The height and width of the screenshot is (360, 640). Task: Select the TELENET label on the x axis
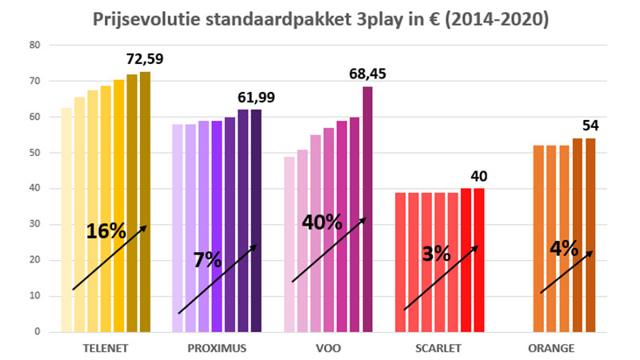(x=106, y=349)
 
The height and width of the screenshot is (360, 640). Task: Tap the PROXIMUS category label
(x=218, y=349)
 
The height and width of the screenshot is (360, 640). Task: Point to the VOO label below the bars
(x=328, y=349)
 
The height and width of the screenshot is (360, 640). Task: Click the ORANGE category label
(x=550, y=349)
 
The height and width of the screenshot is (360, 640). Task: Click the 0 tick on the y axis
(x=37, y=331)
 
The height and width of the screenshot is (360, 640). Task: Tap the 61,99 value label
(x=255, y=98)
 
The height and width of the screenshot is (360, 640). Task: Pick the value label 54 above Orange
(x=590, y=126)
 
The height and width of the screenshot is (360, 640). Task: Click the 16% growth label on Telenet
(x=106, y=231)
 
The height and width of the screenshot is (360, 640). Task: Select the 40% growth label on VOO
(x=322, y=222)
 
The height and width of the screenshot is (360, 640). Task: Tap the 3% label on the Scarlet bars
(x=436, y=254)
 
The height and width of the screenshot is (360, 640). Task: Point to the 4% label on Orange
(x=564, y=248)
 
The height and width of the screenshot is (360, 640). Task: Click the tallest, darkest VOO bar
(x=367, y=208)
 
